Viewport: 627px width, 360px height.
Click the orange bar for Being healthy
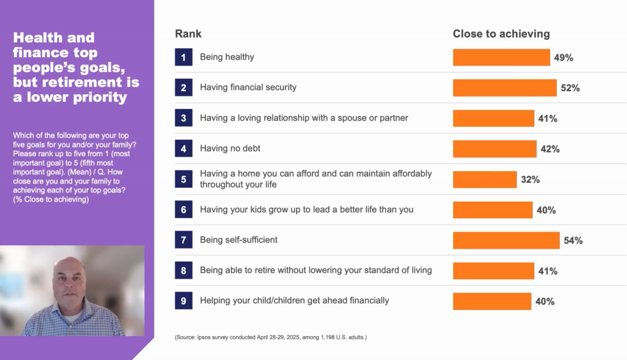501,57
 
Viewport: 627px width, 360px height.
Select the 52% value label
570,88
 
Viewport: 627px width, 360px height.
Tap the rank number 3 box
183,118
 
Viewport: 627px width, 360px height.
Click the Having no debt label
230,148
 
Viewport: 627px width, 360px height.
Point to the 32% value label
530,179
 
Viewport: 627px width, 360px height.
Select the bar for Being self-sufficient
506,240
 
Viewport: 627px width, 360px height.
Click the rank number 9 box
183,301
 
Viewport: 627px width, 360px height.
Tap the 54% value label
573,240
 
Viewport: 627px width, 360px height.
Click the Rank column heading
188,34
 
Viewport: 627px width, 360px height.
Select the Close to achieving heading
501,34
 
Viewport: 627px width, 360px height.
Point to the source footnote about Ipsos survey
270,337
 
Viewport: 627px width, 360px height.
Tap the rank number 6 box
183,210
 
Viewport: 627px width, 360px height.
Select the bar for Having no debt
494,149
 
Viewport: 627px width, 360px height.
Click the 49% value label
563,57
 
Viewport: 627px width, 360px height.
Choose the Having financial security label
248,87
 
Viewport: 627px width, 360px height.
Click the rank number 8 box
183,270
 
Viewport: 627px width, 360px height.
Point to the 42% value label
549,149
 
